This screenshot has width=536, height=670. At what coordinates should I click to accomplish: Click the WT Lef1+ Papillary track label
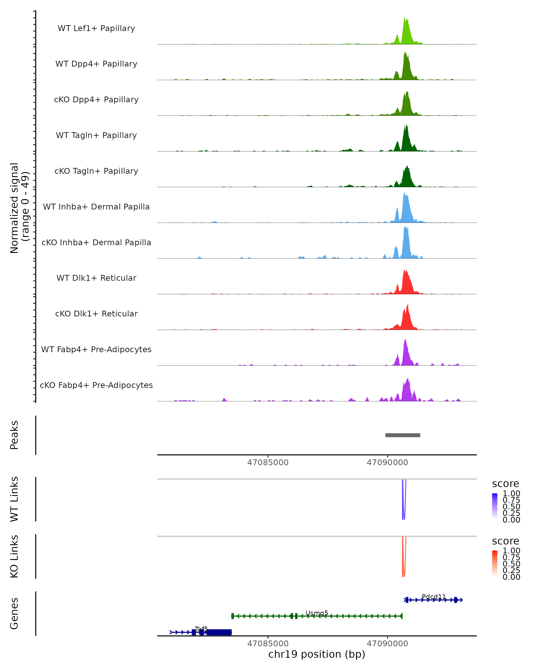click(96, 28)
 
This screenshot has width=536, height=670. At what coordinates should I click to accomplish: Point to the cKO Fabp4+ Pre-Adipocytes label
click(96, 385)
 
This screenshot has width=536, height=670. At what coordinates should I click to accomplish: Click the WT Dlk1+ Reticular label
click(96, 278)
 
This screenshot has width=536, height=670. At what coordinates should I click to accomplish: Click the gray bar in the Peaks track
click(403, 435)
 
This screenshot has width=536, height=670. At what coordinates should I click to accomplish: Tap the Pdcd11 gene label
click(433, 597)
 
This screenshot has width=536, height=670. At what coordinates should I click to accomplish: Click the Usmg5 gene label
click(317, 613)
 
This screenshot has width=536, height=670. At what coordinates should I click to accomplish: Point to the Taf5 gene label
click(201, 629)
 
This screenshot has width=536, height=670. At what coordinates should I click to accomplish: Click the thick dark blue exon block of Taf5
click(219, 632)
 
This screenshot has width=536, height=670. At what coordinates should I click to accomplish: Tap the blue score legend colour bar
click(495, 507)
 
